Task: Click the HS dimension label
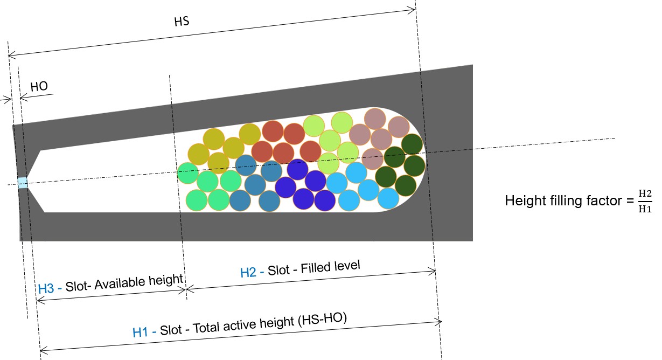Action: click(182, 22)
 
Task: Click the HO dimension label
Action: click(39, 86)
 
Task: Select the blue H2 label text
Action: click(248, 272)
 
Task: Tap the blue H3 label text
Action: click(46, 288)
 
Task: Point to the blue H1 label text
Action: click(140, 332)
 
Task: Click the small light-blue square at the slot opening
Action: click(23, 183)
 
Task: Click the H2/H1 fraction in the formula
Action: click(645, 201)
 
